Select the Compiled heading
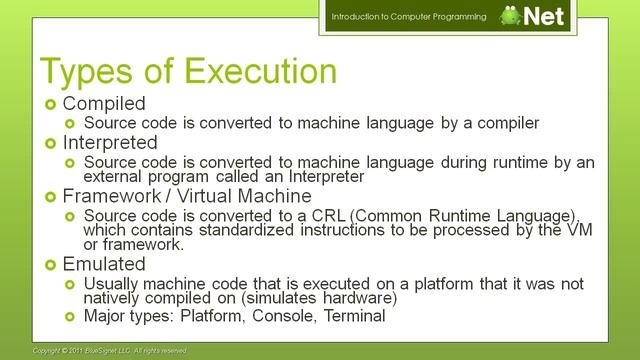103,103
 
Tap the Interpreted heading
110,143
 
